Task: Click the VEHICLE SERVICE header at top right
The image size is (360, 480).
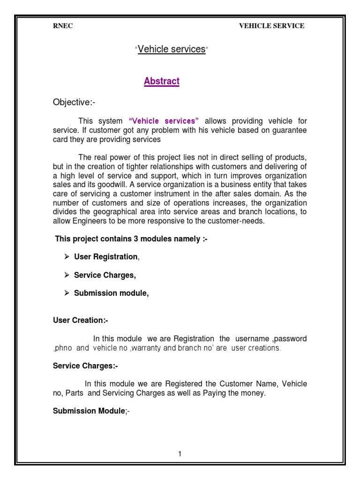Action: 272,26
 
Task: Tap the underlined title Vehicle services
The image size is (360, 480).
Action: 172,49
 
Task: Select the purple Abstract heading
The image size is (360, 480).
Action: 162,81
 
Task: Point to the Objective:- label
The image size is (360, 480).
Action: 74,102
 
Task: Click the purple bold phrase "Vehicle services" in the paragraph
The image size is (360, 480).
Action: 164,121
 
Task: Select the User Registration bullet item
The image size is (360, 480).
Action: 106,257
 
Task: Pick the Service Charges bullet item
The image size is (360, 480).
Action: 105,275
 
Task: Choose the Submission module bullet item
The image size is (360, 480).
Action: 111,293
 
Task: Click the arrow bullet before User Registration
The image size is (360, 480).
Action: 67,257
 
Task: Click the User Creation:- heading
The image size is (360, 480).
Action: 80,320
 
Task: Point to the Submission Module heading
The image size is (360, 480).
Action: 88,411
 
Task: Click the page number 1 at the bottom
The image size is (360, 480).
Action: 180,454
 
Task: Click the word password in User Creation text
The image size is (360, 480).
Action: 291,338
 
